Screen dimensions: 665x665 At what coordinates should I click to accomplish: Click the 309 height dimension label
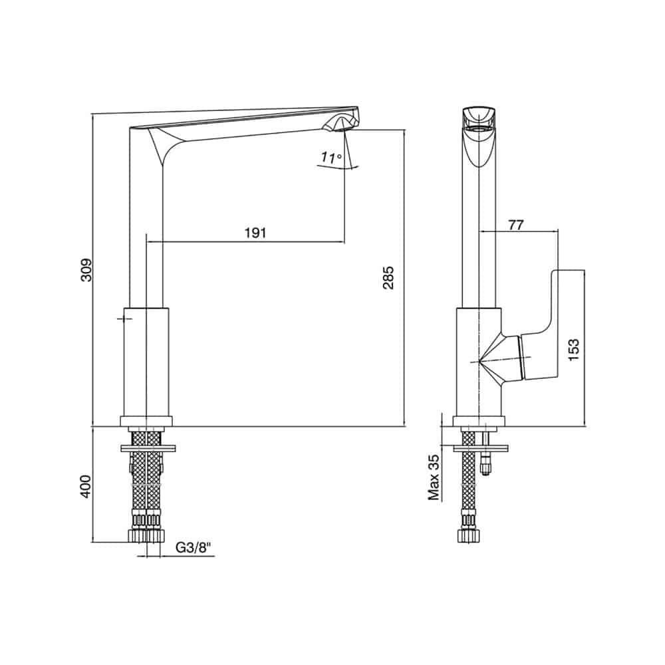(x=86, y=270)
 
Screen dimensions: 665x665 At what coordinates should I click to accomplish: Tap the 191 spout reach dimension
(x=255, y=232)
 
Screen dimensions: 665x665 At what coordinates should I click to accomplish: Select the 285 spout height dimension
(x=388, y=278)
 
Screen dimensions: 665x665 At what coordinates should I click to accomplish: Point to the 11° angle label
(x=331, y=158)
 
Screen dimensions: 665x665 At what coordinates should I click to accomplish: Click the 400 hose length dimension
(x=86, y=486)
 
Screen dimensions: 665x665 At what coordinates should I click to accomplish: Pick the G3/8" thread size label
(x=193, y=548)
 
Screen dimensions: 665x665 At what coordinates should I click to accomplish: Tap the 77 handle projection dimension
(x=516, y=225)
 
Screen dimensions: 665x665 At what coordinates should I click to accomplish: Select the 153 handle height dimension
(x=573, y=350)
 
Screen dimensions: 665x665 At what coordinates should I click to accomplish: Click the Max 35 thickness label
(x=434, y=478)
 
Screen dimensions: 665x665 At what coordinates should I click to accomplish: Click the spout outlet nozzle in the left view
(x=340, y=124)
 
